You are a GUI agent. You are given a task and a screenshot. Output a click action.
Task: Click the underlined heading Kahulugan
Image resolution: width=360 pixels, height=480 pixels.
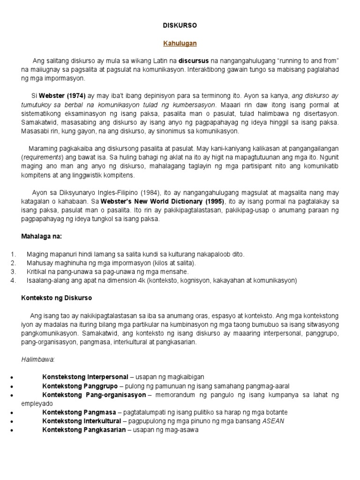click(180, 43)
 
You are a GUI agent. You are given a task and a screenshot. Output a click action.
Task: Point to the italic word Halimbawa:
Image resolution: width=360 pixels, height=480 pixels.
click(38, 359)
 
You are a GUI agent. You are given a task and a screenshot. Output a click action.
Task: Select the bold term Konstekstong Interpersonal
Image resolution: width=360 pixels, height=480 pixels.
click(85, 377)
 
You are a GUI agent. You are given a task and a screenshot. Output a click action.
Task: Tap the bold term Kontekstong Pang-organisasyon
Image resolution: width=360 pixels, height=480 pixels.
click(94, 395)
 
